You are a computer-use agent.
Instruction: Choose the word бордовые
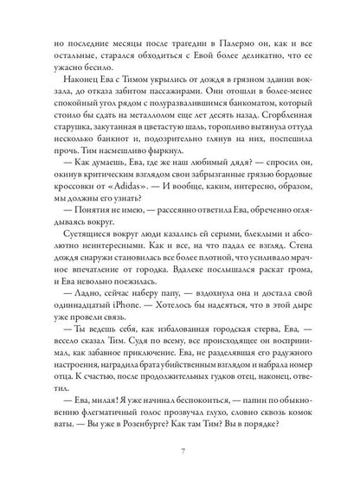click(x=292, y=170)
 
